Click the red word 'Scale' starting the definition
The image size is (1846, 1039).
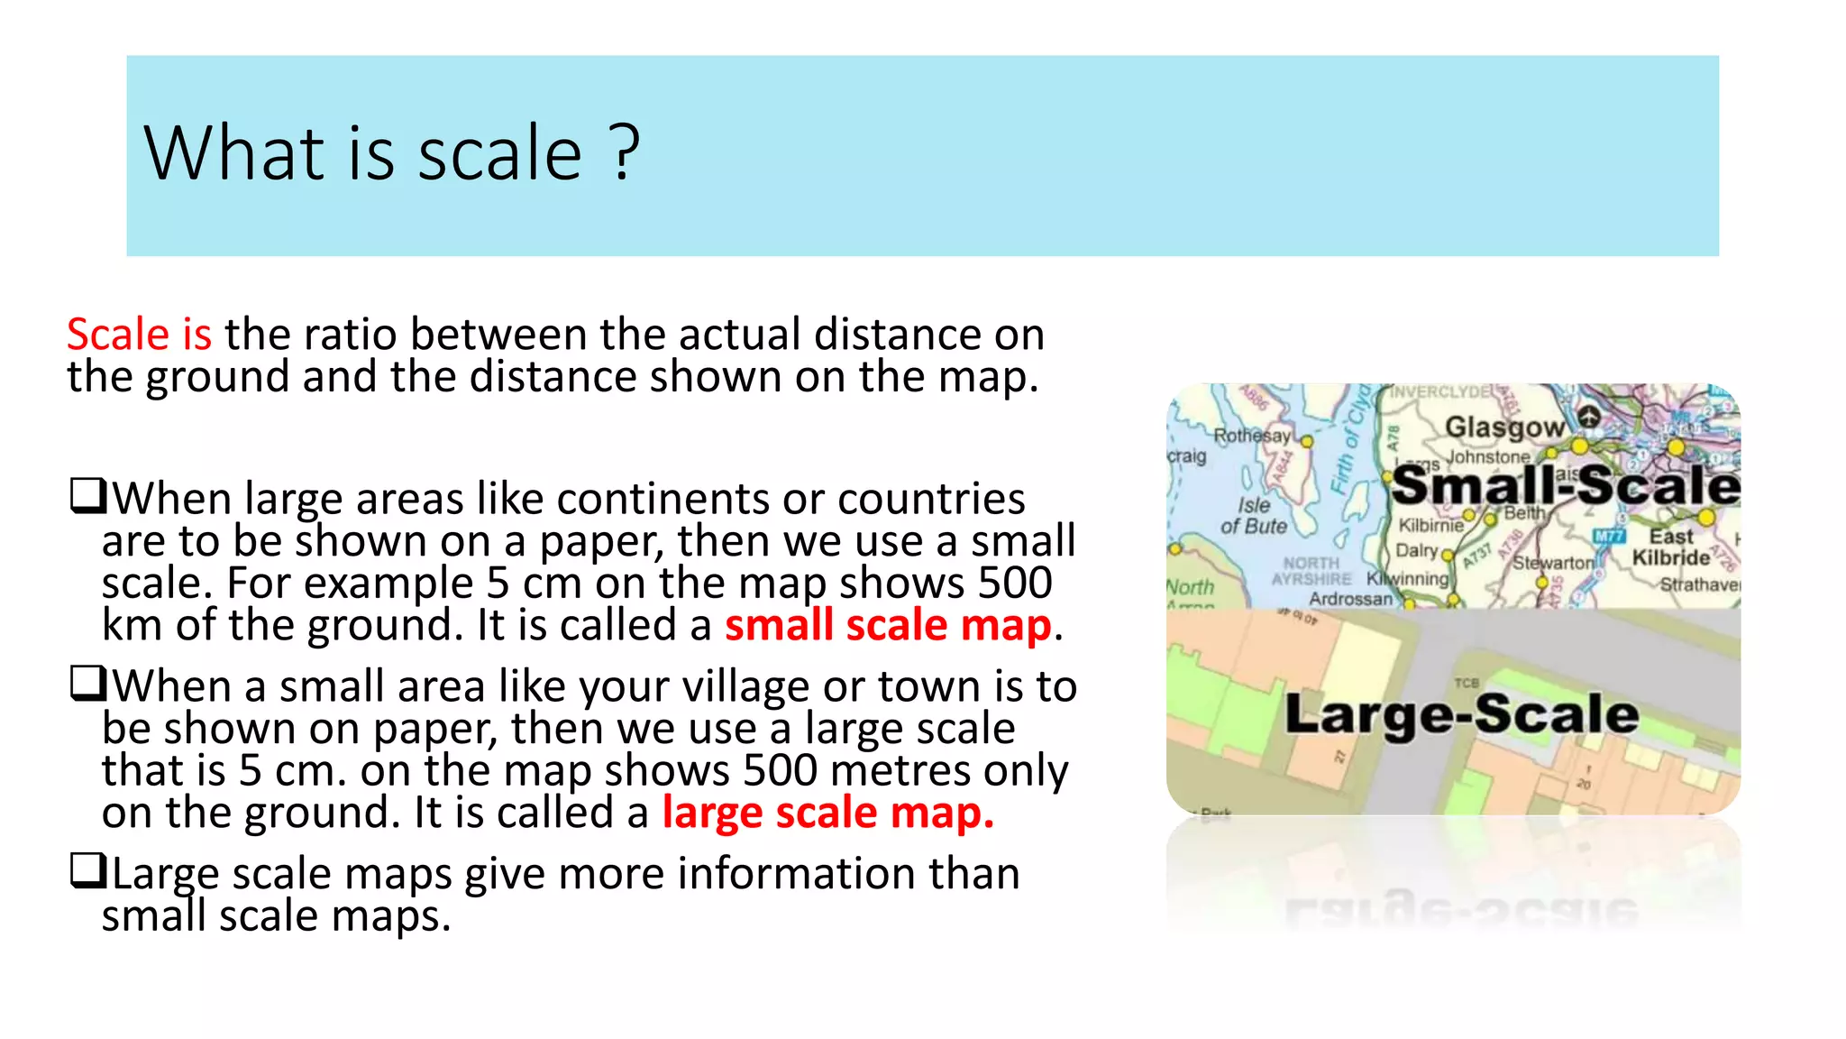pos(118,335)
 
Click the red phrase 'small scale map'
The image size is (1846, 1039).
pos(888,625)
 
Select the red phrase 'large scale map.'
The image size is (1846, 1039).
pos(827,813)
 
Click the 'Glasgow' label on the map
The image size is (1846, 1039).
pos(1503,427)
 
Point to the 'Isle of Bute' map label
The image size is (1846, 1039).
pos(1254,516)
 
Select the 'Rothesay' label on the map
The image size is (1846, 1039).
pos(1251,436)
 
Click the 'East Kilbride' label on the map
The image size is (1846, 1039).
pos(1670,547)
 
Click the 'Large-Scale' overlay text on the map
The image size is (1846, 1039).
pos(1461,714)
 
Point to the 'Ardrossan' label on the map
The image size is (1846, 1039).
pos(1350,599)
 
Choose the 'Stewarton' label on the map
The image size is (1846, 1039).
pos(1553,562)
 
